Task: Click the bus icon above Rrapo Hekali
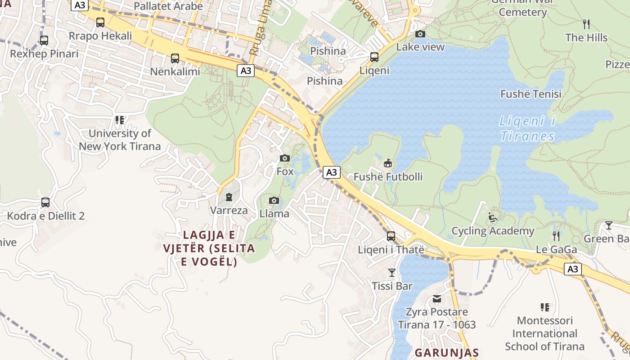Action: pyautogui.click(x=100, y=22)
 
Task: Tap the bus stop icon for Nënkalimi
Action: pyautogui.click(x=175, y=58)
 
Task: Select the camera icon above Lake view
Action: pyautogui.click(x=420, y=34)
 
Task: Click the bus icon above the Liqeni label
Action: pyautogui.click(x=374, y=57)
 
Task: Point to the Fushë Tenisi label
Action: pyautogui.click(x=531, y=94)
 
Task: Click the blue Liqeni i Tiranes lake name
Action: pyautogui.click(x=527, y=129)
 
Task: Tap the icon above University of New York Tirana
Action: pyautogui.click(x=119, y=120)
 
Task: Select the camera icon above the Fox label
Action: pyautogui.click(x=284, y=158)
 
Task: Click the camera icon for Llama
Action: pyautogui.click(x=274, y=201)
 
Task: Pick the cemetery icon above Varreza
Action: pyautogui.click(x=229, y=197)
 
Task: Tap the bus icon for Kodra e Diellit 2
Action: pyautogui.click(x=45, y=202)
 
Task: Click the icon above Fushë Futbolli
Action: pyautogui.click(x=387, y=163)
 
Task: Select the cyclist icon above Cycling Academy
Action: pyautogui.click(x=493, y=218)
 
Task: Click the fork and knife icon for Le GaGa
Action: pyautogui.click(x=556, y=236)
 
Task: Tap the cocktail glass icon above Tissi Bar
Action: pyautogui.click(x=392, y=273)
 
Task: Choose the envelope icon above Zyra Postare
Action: pyautogui.click(x=436, y=299)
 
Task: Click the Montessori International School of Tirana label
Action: pyautogui.click(x=544, y=333)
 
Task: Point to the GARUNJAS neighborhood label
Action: pyautogui.click(x=446, y=352)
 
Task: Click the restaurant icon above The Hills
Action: pyautogui.click(x=586, y=24)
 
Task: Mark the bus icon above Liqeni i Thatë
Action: pyautogui.click(x=391, y=236)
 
